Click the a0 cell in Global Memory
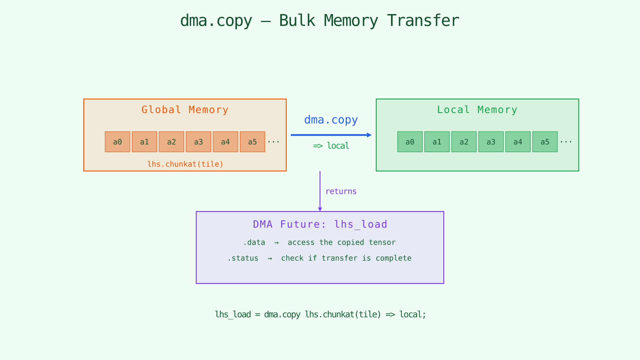tap(117, 142)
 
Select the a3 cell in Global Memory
tap(198, 142)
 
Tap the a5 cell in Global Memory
tap(252, 142)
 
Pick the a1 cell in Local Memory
tap(437, 142)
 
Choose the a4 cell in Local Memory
tap(518, 142)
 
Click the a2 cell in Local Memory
tap(464, 142)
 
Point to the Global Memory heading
tap(185, 110)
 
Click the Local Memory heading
tap(477, 110)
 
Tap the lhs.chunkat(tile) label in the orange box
tap(185, 164)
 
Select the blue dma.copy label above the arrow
tap(331, 120)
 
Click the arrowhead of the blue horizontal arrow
tap(369, 135)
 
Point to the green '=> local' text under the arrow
tap(331, 146)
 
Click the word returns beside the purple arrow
tap(341, 191)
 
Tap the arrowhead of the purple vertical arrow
tap(320, 209)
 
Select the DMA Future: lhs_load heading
tap(320, 224)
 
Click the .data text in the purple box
tap(254, 242)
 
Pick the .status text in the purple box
tap(243, 258)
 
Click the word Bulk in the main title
tap(297, 21)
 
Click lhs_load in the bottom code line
tap(233, 314)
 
